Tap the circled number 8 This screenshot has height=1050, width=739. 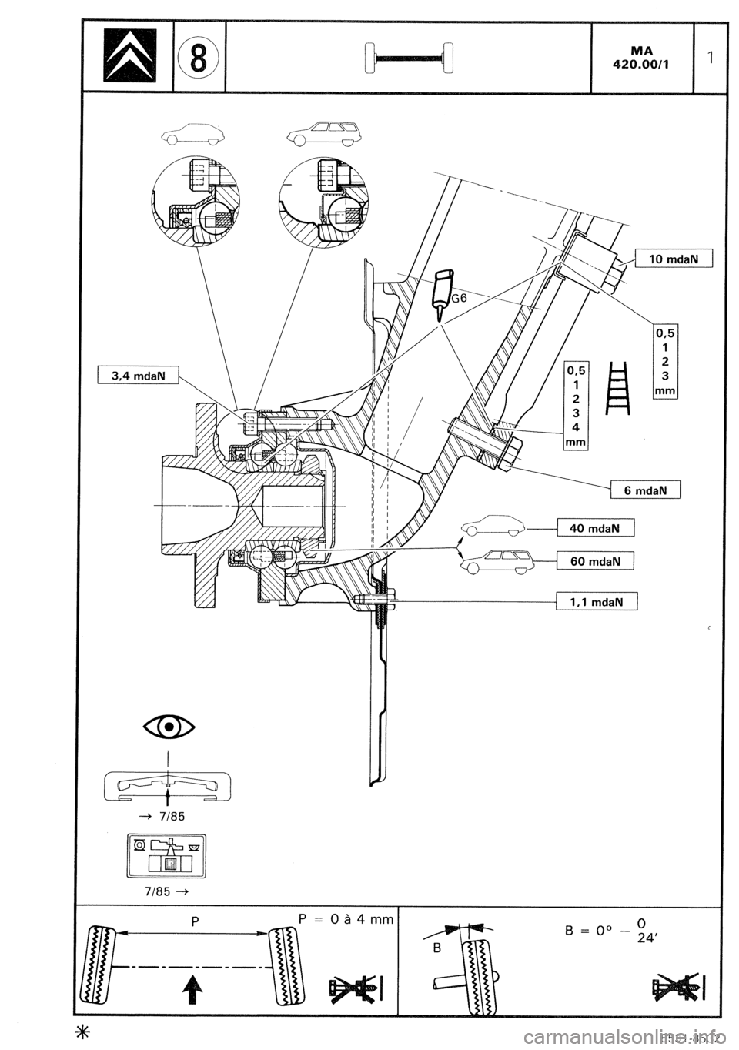tap(199, 59)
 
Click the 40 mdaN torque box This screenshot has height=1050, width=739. tap(595, 528)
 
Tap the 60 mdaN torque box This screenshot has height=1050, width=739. tap(595, 561)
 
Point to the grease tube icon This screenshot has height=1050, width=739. tap(443, 289)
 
